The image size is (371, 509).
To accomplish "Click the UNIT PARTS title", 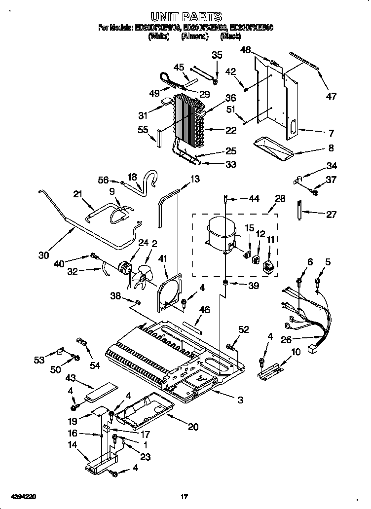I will point(185,17).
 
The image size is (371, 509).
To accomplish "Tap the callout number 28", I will point(280,198).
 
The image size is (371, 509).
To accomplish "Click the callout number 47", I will point(331,96).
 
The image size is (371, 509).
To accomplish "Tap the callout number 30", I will point(44,255).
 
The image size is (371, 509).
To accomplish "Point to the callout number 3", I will point(240,400).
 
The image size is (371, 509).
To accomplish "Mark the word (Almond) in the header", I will point(194,36).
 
